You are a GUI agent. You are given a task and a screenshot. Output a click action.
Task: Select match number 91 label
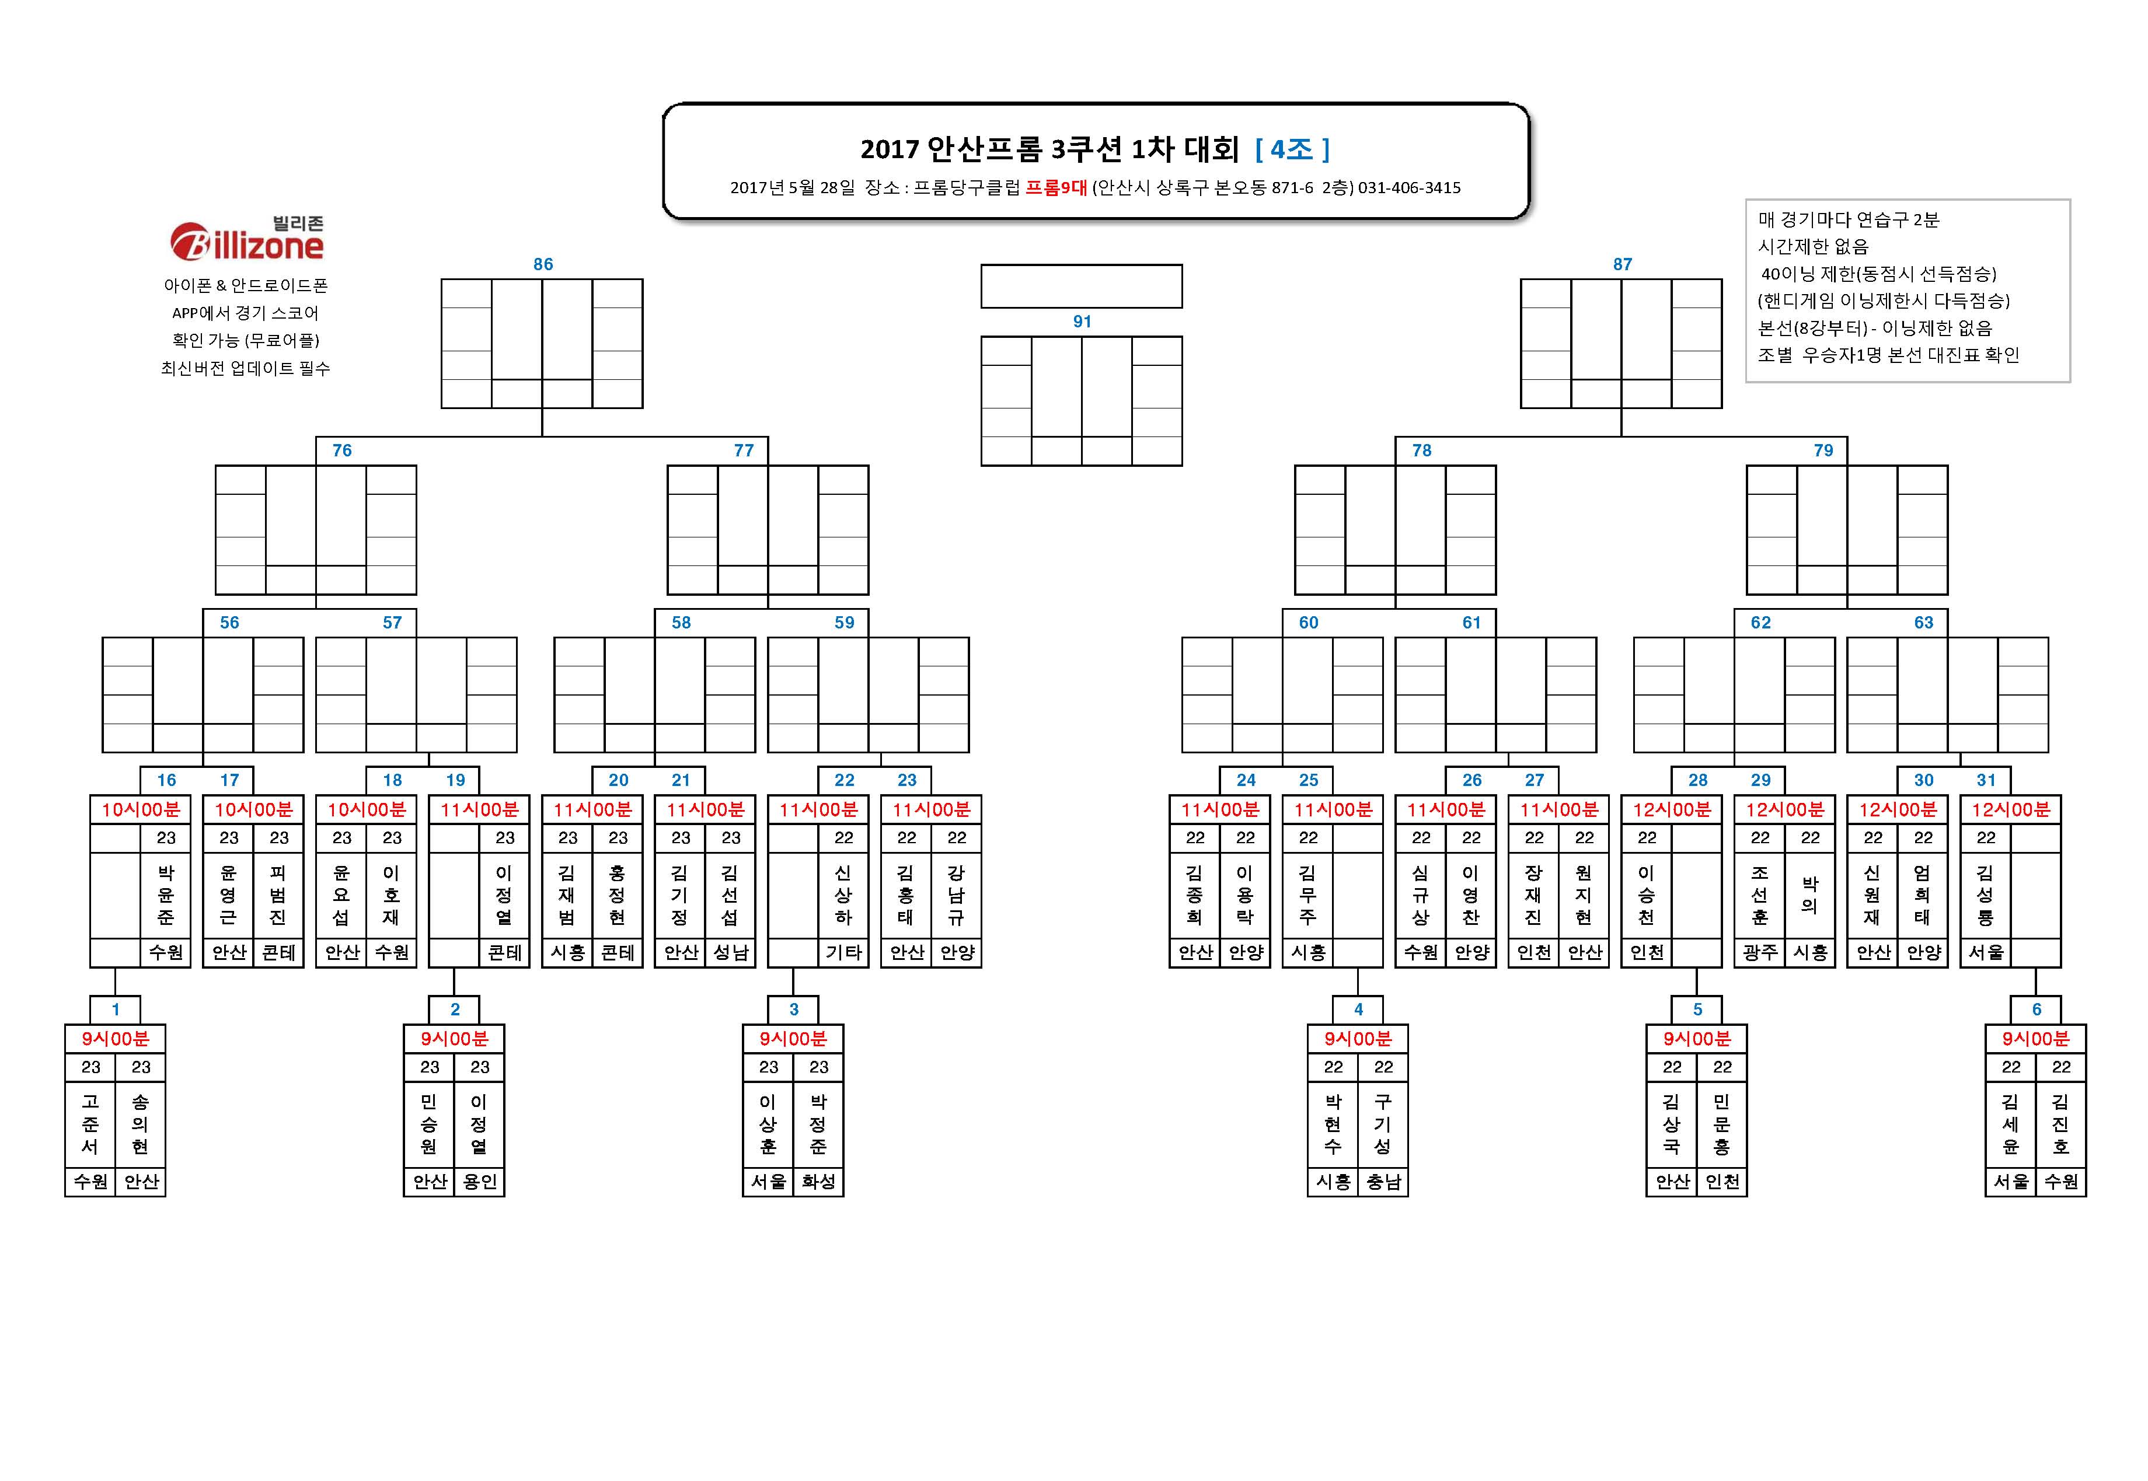pos(1082,321)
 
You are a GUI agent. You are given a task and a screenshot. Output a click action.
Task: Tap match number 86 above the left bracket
pos(543,264)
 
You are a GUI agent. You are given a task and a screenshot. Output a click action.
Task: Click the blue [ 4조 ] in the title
pos(1293,148)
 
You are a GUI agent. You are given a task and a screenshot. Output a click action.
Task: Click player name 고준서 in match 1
pos(90,1124)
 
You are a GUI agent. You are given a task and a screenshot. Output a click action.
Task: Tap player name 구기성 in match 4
pos(1383,1124)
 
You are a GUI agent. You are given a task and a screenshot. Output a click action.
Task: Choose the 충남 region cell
pos(1383,1182)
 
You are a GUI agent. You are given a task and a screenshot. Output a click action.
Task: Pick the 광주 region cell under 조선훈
pos(1760,953)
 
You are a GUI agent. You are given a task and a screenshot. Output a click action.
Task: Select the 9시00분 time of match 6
pos(2036,1038)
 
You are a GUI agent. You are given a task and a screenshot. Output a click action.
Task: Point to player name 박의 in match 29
pos(1810,895)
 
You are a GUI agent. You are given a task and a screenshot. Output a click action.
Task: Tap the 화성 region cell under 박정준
pos(819,1182)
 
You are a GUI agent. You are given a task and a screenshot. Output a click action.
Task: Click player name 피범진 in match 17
pos(278,895)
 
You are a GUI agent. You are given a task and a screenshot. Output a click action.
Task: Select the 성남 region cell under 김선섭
pos(731,953)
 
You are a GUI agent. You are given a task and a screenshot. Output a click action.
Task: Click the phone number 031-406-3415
pos(1409,187)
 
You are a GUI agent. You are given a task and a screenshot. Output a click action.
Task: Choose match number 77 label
pos(744,450)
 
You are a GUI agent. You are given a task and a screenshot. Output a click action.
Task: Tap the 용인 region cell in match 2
pos(480,1182)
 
